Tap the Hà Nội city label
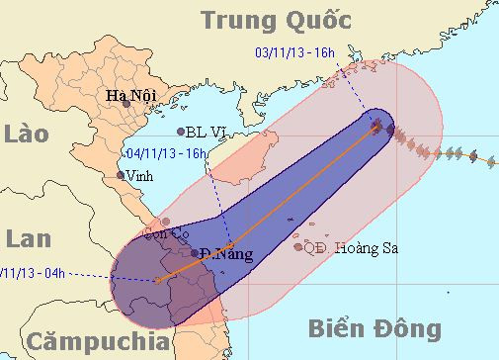(130, 97)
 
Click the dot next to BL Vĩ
(180, 131)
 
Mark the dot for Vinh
(122, 175)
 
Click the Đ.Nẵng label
(226, 254)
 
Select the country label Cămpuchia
(97, 342)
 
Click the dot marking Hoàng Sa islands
(297, 247)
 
